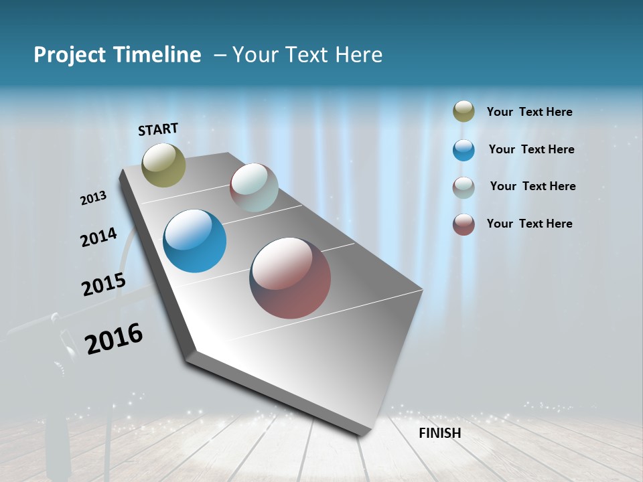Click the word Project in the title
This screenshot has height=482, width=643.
point(68,55)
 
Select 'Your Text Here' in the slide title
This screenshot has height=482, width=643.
point(307,55)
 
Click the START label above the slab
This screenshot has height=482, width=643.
point(158,129)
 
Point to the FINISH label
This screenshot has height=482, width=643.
point(440,433)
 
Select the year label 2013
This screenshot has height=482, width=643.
point(94,198)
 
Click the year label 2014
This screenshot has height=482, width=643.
point(99,238)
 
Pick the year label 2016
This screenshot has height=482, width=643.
point(114,339)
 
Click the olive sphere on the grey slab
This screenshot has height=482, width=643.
point(164,165)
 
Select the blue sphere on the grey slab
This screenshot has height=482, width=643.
point(195,241)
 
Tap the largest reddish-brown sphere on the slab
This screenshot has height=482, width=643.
point(290,278)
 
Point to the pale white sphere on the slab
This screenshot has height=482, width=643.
point(254,187)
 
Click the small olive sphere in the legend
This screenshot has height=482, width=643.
point(463,112)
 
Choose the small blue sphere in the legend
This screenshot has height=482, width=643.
point(463,150)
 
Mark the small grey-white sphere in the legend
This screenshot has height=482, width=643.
point(463,187)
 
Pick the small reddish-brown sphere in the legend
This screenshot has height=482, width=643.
point(463,224)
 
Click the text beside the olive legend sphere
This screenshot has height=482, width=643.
point(530,112)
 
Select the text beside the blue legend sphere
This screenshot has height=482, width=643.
point(532,149)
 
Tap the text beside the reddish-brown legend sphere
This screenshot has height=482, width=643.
point(530,224)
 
